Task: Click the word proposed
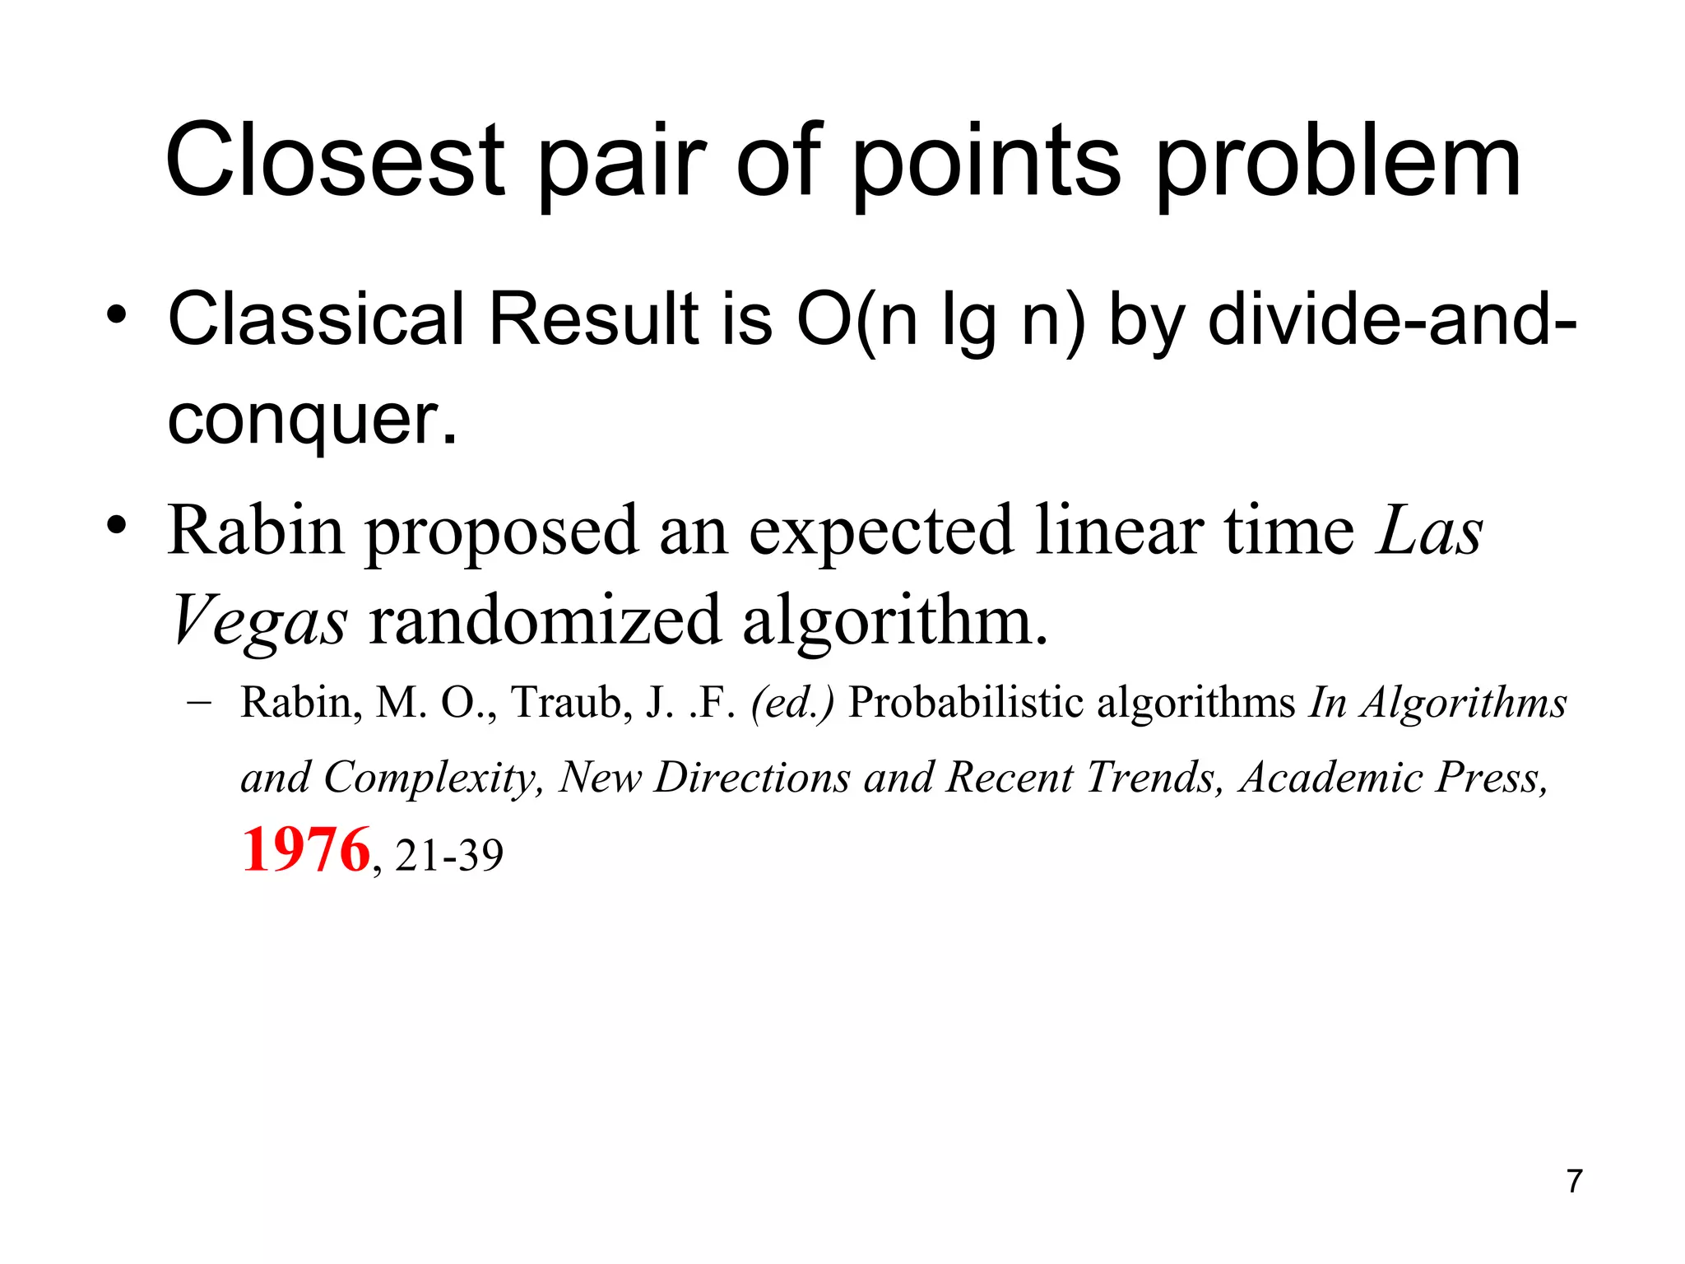[501, 532]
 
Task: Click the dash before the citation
[198, 703]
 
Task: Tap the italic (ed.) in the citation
[792, 704]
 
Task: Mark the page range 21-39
[449, 856]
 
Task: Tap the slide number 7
[1574, 1181]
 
